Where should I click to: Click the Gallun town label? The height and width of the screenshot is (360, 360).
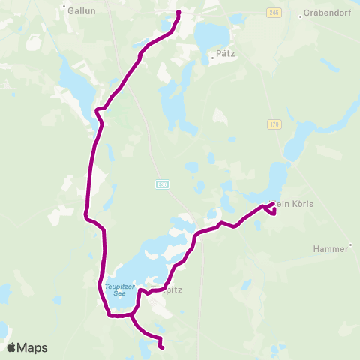[x=80, y=11]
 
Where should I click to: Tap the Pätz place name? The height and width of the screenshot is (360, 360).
[x=225, y=54]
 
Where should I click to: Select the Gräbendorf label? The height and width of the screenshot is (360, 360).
[x=324, y=13]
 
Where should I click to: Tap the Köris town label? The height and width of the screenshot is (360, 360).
[x=294, y=204]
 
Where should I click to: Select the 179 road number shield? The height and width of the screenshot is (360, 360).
[x=273, y=124]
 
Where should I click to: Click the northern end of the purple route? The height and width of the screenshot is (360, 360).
[x=178, y=13]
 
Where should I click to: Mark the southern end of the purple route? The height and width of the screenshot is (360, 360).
[x=162, y=346]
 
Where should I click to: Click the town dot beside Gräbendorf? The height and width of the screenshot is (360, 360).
[x=301, y=15]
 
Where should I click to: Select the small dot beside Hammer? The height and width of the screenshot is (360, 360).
[x=350, y=247]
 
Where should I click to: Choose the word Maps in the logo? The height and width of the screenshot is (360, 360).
[x=33, y=347]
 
